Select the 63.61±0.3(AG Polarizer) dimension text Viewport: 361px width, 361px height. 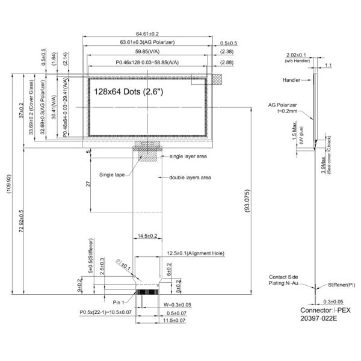point(147,42)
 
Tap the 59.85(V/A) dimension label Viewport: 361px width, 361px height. point(147,52)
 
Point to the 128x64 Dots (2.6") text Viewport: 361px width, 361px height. point(128,91)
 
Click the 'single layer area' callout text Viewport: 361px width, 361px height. point(189,156)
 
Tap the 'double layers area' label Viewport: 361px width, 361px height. point(190,177)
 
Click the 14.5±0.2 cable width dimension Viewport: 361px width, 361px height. point(147,235)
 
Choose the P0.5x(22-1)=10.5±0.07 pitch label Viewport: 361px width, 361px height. point(106,313)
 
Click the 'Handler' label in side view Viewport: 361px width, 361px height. point(292,79)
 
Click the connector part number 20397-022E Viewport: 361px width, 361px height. point(319,318)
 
